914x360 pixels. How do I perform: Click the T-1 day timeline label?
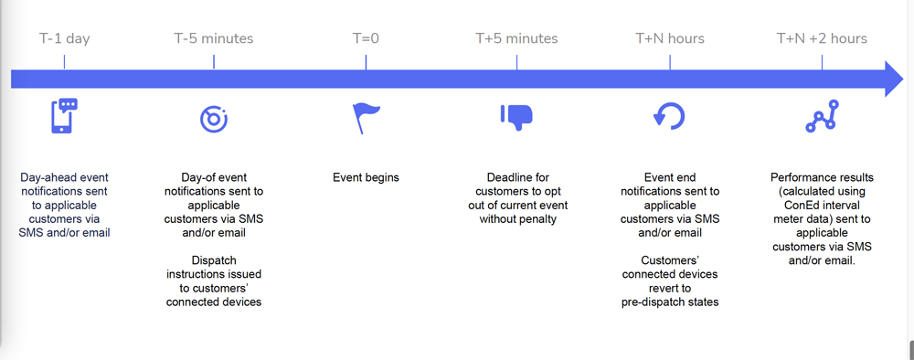point(64,38)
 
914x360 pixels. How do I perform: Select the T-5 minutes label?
point(214,38)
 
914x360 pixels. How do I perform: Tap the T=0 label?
point(366,38)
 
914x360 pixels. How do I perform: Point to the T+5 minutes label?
point(516,38)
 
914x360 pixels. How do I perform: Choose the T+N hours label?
point(670,38)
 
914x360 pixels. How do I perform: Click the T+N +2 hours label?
point(822,38)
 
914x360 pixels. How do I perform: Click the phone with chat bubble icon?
point(63,116)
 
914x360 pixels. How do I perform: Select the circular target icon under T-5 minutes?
point(214,117)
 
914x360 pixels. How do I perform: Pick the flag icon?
point(366,117)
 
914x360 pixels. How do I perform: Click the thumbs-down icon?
point(516,116)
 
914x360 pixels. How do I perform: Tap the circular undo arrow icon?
point(669,116)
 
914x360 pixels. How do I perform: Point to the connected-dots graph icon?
point(822,116)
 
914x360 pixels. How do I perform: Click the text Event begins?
point(366,177)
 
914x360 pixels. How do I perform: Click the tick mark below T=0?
point(366,62)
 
